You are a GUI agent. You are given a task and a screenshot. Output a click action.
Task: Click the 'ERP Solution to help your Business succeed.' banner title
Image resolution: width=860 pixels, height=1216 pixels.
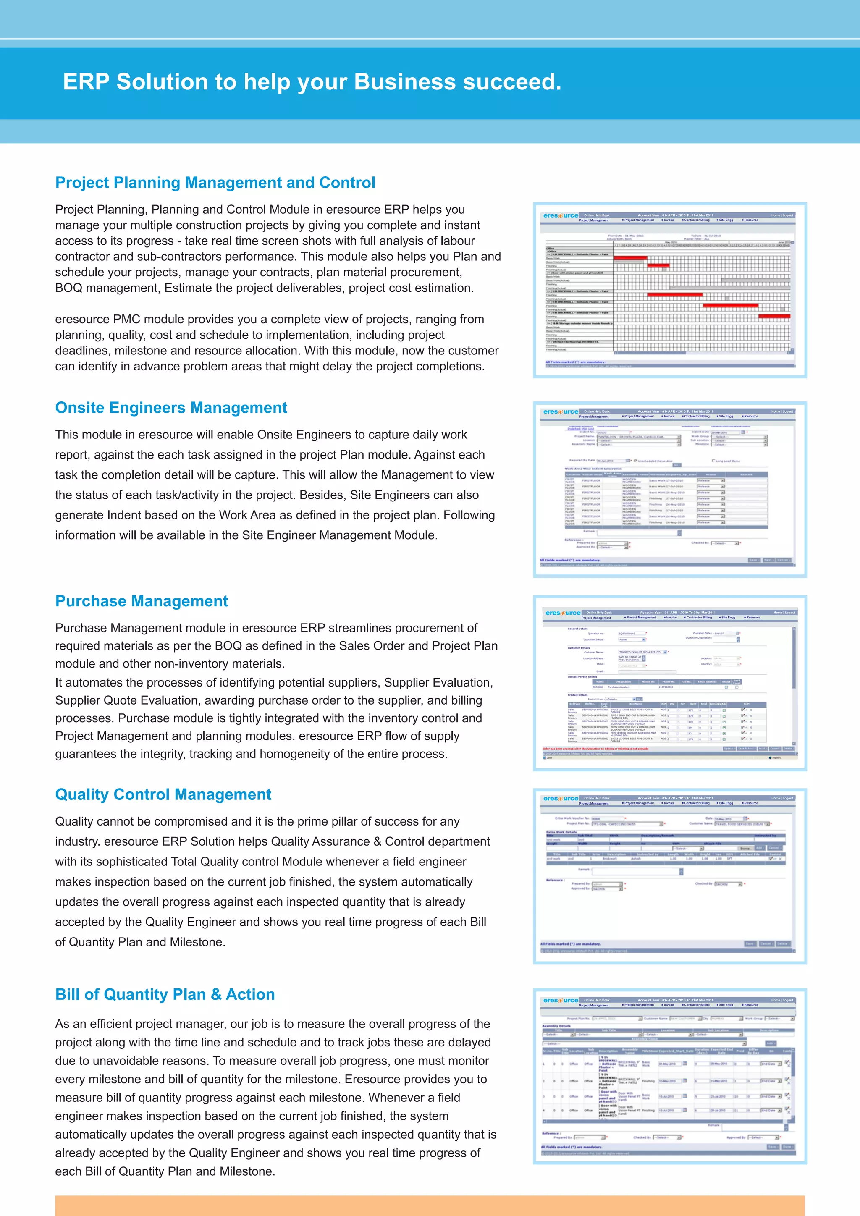[312, 82]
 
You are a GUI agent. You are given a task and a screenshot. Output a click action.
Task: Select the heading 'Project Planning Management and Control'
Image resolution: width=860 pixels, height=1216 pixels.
[215, 183]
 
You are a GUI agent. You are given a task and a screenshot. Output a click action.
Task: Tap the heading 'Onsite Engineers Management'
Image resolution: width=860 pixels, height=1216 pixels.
[171, 408]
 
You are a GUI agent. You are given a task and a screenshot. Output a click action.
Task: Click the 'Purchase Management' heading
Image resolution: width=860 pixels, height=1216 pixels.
[142, 601]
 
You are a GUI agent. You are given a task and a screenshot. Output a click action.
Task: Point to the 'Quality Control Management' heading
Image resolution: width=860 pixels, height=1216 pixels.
[163, 794]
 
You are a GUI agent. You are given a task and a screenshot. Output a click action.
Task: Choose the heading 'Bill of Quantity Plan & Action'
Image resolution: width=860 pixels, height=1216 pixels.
[165, 994]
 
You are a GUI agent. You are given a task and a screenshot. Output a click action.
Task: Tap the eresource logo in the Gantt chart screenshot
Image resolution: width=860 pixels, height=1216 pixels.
[560, 215]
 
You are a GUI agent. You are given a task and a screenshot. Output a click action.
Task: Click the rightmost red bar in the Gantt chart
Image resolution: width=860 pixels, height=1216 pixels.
[773, 316]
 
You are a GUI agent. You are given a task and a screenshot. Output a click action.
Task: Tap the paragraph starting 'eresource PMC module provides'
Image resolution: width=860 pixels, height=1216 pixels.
[276, 343]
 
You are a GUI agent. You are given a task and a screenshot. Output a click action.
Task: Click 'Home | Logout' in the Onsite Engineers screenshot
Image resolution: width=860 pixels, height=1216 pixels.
[781, 411]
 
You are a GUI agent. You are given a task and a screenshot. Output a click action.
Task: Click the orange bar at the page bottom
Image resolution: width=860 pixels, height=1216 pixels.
[430, 1206]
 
